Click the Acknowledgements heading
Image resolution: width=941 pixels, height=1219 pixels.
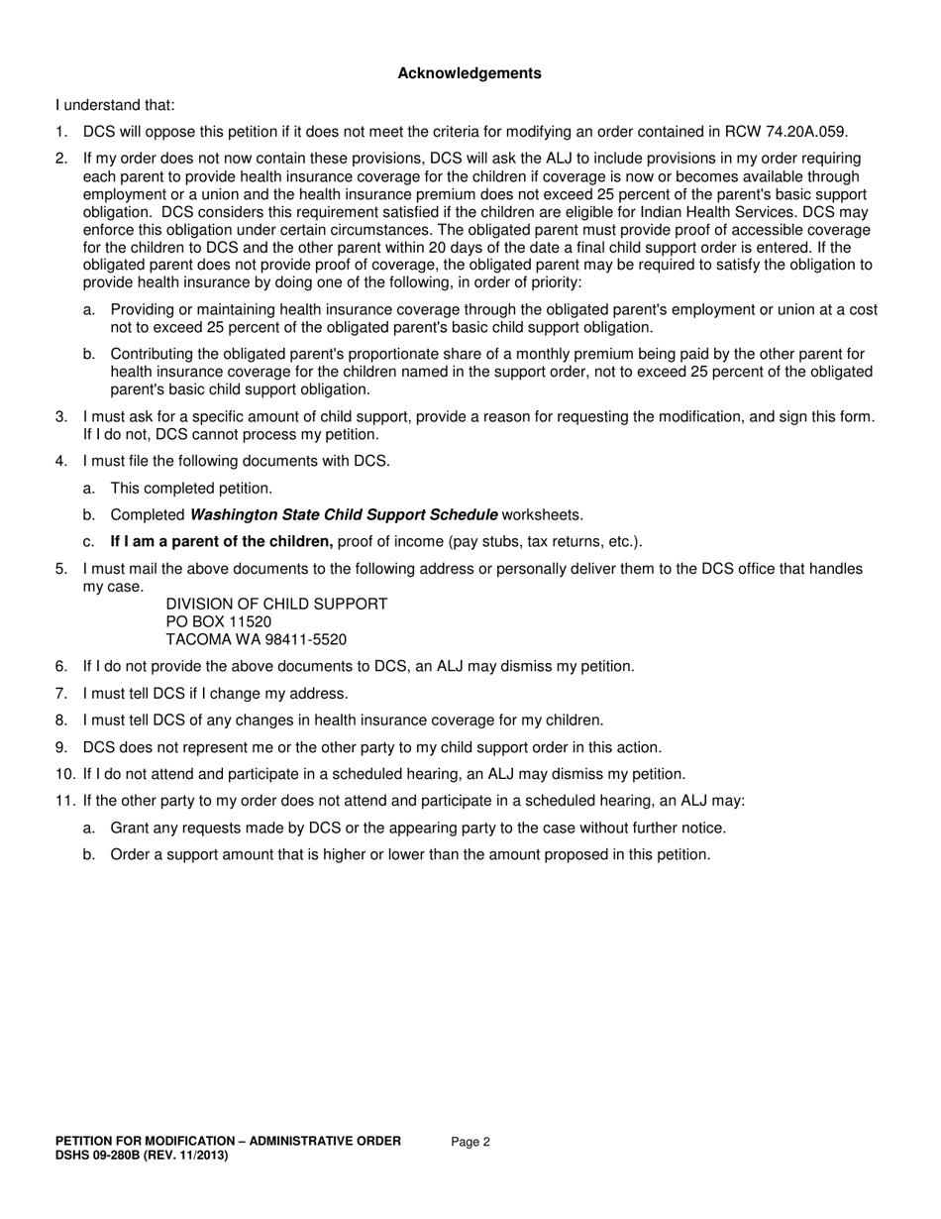point(470,73)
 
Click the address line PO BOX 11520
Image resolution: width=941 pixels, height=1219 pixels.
point(219,621)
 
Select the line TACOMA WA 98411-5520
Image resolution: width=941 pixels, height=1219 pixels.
point(256,640)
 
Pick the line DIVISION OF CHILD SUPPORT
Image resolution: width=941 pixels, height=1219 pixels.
point(276,604)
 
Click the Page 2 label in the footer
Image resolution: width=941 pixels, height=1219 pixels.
point(470,1142)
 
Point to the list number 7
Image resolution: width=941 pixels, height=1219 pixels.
point(61,694)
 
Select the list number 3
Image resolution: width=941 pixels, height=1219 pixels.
point(61,417)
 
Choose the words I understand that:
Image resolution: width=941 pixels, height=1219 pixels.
point(115,105)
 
